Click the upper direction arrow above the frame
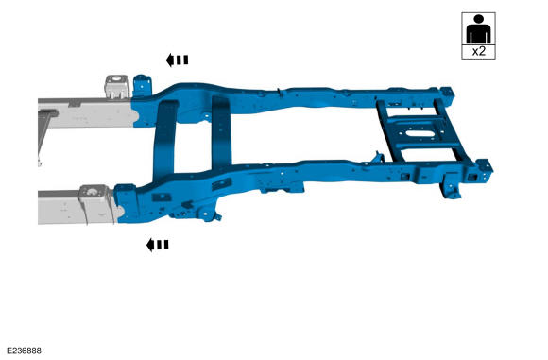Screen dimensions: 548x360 [178, 60]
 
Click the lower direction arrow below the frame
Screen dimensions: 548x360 [158, 245]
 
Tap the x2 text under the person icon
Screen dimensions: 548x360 [478, 51]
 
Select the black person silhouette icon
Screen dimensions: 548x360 [478, 29]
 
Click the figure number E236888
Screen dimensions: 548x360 [25, 351]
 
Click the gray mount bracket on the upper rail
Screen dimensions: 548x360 [117, 86]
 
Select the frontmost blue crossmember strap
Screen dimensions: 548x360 [164, 140]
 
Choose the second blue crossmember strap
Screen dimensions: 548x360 [222, 132]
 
